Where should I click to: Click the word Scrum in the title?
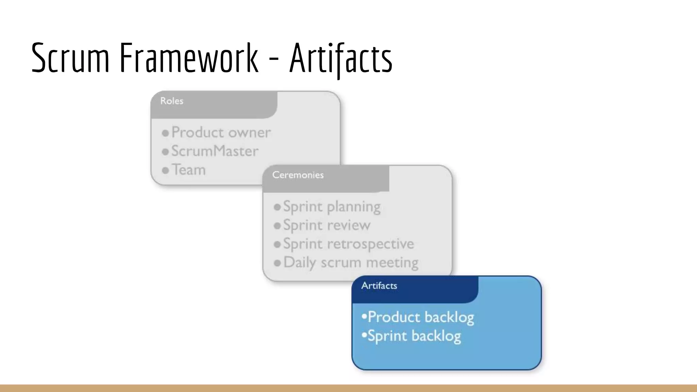coord(70,58)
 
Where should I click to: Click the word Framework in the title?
coord(189,58)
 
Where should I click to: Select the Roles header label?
coord(172,101)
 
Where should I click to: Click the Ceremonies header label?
coord(298,175)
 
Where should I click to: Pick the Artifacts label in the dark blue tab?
coord(379,285)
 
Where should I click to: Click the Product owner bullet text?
coord(221,132)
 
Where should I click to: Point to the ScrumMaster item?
coord(215,151)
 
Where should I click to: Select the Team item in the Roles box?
coord(189,170)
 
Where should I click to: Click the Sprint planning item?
coord(332,207)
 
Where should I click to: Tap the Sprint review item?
coord(327,225)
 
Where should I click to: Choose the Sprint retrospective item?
coord(348,244)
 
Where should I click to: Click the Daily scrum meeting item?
coord(351,263)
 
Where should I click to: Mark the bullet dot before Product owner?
coord(165,133)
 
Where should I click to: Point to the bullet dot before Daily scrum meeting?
coord(277,263)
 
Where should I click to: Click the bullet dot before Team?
coord(165,170)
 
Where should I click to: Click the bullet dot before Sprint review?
coord(277,226)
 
